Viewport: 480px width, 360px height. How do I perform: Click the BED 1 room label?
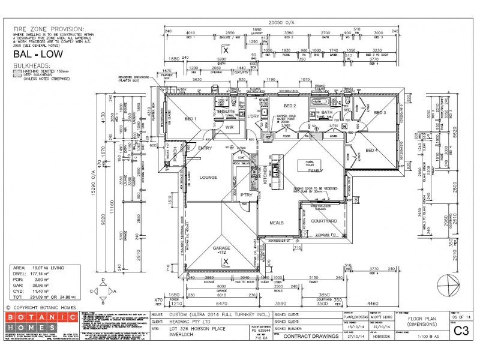click(191, 118)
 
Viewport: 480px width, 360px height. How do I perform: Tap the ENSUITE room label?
click(226, 112)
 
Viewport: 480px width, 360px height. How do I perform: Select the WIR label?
click(229, 127)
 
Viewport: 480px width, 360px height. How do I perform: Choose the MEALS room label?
click(277, 223)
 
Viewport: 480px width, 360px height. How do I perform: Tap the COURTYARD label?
click(324, 221)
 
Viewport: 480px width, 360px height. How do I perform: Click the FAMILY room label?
click(316, 171)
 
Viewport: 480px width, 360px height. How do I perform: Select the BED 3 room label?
click(380, 112)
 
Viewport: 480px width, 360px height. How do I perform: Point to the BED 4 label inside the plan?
click(372, 150)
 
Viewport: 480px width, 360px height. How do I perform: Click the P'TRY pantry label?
click(246, 195)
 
